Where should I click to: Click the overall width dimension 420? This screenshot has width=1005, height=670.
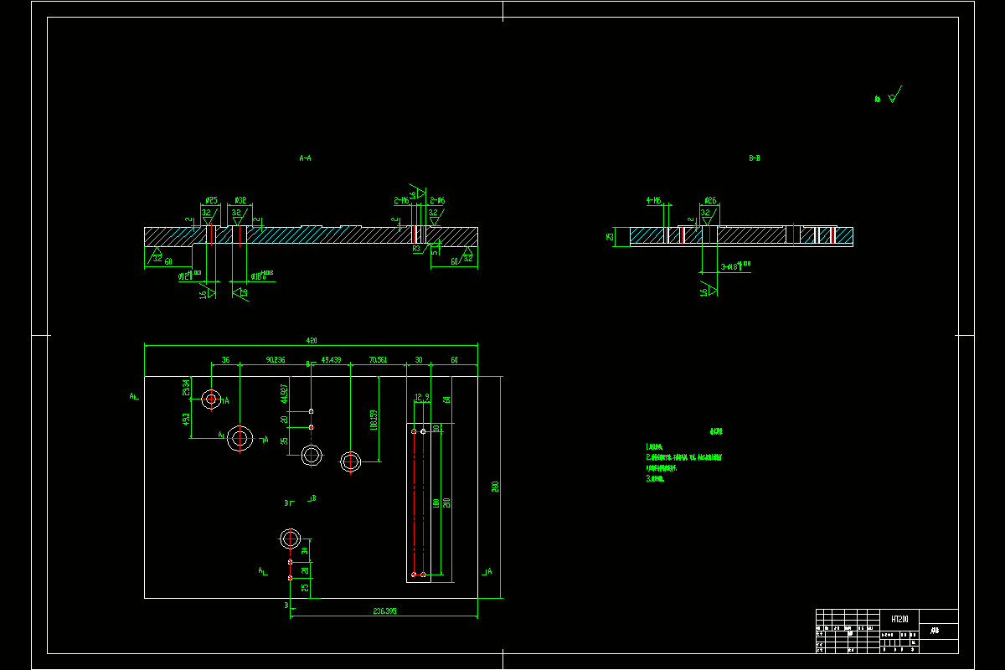pos(311,341)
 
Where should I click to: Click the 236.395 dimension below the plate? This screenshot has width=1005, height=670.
pos(384,611)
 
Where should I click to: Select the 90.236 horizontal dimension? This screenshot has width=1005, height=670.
pos(276,360)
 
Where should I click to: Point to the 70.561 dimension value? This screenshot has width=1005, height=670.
pos(378,360)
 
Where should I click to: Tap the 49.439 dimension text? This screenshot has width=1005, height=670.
pos(331,360)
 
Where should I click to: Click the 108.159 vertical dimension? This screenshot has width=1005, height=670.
pos(374,420)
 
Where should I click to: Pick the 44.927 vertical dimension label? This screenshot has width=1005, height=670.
pos(284,393)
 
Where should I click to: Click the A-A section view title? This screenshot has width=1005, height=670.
pos(305,157)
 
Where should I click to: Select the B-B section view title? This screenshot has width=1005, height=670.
pos(755,157)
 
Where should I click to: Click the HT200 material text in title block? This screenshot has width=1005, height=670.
pos(899,618)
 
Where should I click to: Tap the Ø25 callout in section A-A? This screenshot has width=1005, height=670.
pos(211,201)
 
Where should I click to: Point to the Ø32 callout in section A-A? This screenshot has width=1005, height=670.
pos(240,201)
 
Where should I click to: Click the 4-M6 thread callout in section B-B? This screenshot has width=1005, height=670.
pos(654,201)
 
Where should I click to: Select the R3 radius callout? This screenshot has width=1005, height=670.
pos(416,249)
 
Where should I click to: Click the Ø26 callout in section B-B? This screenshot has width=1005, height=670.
pos(709,201)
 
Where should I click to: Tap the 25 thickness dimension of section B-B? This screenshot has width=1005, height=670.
pos(611,236)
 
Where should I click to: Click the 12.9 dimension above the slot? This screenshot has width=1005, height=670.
pos(421,397)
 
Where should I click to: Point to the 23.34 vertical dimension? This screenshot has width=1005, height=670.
pos(186,388)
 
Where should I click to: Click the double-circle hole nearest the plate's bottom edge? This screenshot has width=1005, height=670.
pos(291,538)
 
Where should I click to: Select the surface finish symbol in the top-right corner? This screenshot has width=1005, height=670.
pos(893,97)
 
